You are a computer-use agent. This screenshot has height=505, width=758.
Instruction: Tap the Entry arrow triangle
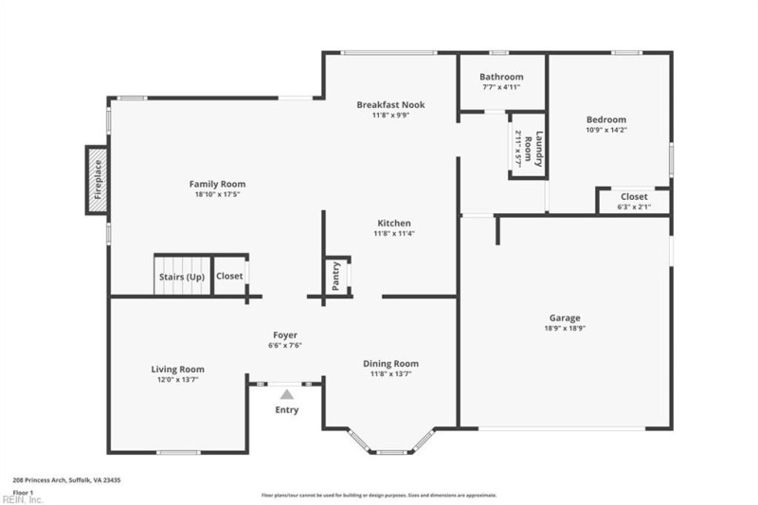click(x=286, y=393)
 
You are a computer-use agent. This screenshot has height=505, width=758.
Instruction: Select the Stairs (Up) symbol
click(x=181, y=277)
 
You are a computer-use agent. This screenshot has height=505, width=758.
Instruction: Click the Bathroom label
click(x=500, y=77)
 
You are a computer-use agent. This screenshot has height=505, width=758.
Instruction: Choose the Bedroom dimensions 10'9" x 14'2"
click(x=605, y=131)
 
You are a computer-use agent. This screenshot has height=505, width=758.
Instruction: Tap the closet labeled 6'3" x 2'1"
click(x=634, y=202)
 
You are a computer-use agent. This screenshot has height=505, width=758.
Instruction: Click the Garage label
click(x=565, y=317)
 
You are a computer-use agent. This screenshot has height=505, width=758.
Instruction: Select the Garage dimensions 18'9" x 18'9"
click(x=565, y=329)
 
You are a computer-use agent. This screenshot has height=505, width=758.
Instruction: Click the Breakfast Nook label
click(x=390, y=104)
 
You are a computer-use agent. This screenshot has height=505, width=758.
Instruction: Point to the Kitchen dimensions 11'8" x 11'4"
click(x=393, y=233)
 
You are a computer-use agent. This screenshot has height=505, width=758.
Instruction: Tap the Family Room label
click(x=217, y=184)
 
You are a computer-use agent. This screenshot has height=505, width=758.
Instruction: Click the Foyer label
click(x=285, y=334)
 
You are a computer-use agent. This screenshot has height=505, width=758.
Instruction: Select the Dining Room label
click(x=391, y=363)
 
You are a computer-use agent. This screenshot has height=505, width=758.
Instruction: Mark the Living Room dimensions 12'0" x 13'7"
click(x=177, y=380)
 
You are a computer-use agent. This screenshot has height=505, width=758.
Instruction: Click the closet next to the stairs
click(x=229, y=277)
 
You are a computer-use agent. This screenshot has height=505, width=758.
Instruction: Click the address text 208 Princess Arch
click(x=66, y=480)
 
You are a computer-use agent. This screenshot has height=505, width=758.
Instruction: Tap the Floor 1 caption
click(x=24, y=492)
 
